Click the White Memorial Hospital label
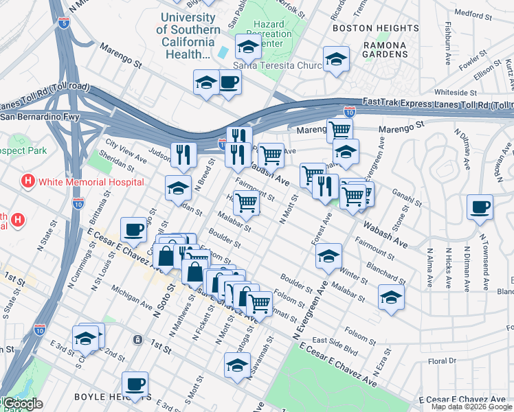[x=91, y=182]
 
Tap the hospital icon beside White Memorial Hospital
[x=28, y=182]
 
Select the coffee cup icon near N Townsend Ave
[x=479, y=207]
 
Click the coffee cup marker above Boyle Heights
[x=135, y=385]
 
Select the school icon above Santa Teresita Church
[x=248, y=47]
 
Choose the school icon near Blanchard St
[x=391, y=297]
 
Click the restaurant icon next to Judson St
[x=183, y=154]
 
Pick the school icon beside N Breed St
[x=178, y=187]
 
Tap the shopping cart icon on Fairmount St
[x=246, y=203]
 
